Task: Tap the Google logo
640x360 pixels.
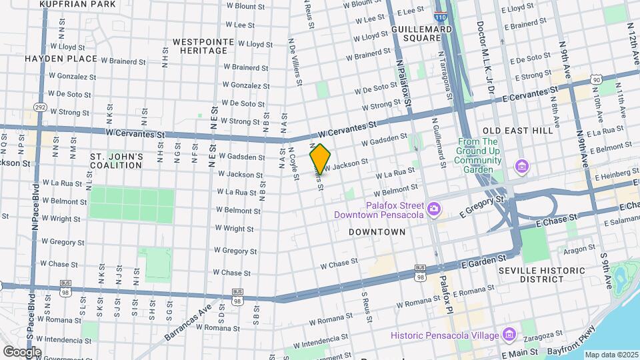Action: coord(22,351)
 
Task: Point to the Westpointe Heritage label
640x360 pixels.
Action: coord(203,46)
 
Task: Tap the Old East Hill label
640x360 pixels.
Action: coord(517,131)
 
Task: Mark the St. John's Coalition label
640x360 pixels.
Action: coord(117,161)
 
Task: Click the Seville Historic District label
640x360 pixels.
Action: coord(541,275)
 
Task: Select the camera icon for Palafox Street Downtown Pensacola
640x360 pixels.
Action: coord(434,210)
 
